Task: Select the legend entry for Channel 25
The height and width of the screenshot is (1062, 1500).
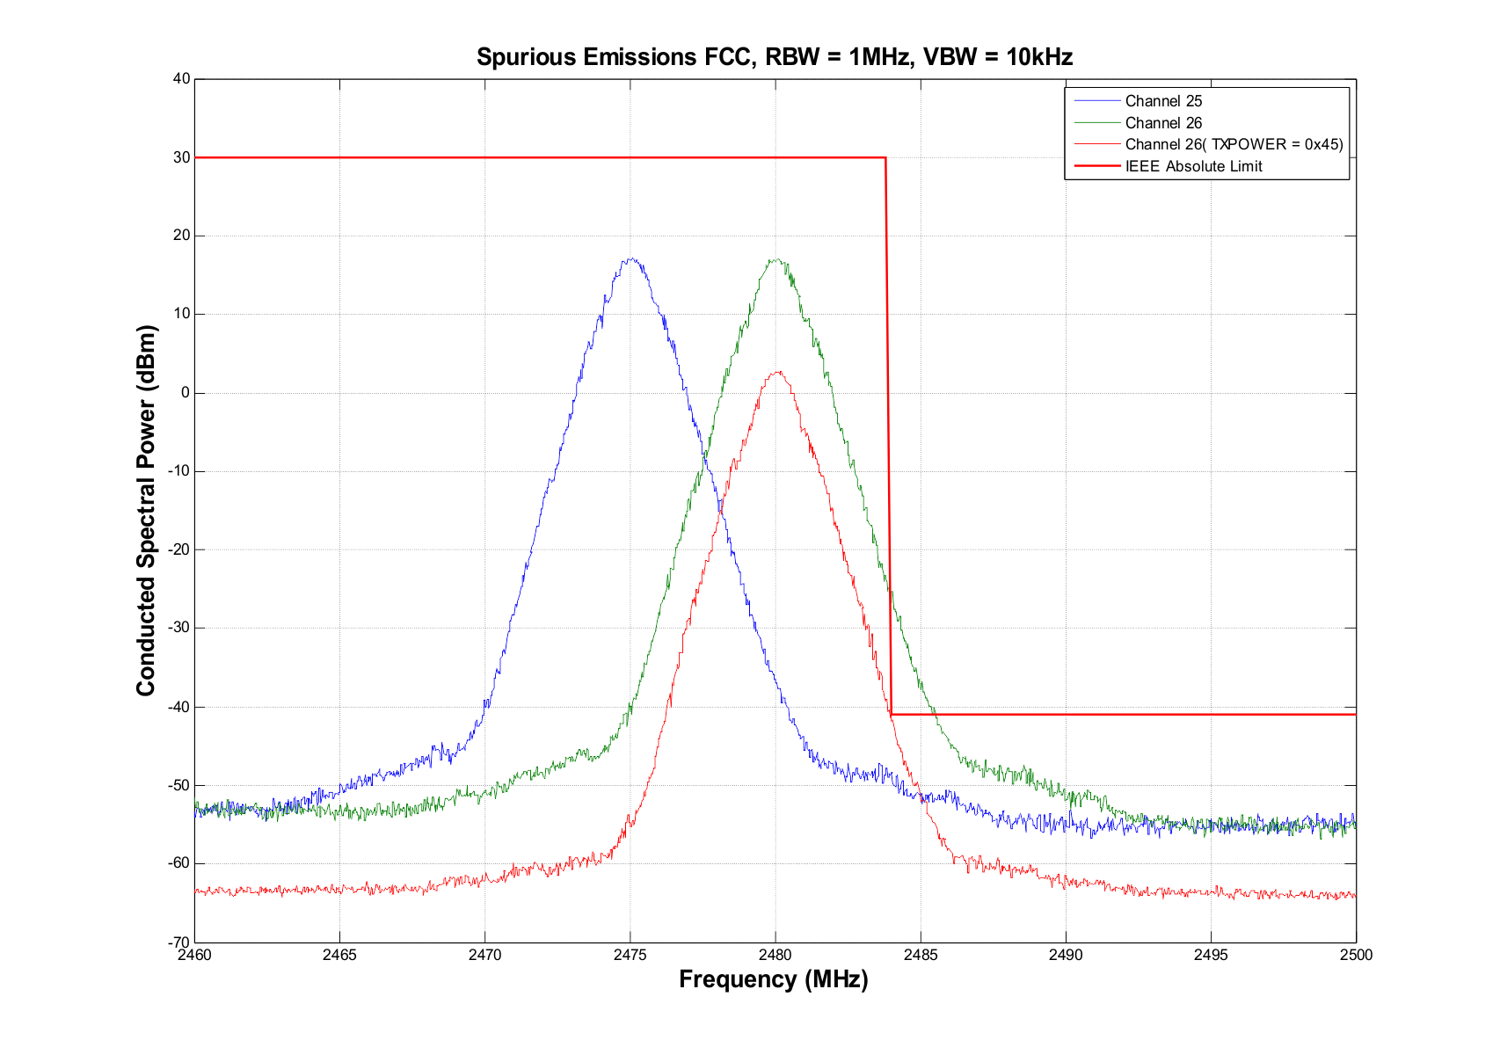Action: coord(1163,101)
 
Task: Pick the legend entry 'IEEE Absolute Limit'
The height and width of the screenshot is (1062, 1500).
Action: coord(1193,166)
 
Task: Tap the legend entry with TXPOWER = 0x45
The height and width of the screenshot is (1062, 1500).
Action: coord(1234,144)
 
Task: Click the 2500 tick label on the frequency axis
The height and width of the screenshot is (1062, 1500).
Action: coord(1356,955)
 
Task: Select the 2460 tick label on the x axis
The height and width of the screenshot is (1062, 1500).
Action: coord(194,955)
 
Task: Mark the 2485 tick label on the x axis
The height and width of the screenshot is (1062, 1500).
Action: coord(921,955)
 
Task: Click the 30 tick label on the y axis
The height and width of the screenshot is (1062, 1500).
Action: coord(181,157)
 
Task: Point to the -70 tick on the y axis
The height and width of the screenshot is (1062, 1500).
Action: coord(179,942)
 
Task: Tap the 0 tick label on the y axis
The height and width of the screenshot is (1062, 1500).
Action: coord(185,393)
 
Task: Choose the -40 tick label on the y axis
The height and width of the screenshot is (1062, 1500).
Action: coord(179,707)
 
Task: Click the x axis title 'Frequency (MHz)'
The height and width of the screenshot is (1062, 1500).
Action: coord(774,979)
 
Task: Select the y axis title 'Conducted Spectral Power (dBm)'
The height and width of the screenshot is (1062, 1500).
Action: coord(146,511)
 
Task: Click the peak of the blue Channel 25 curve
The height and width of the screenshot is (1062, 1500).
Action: coord(630,258)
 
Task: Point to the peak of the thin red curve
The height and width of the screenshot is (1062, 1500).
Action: coord(777,371)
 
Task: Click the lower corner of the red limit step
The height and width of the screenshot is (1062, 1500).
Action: coord(892,714)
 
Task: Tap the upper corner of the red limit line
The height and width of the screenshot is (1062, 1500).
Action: coord(885,158)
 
